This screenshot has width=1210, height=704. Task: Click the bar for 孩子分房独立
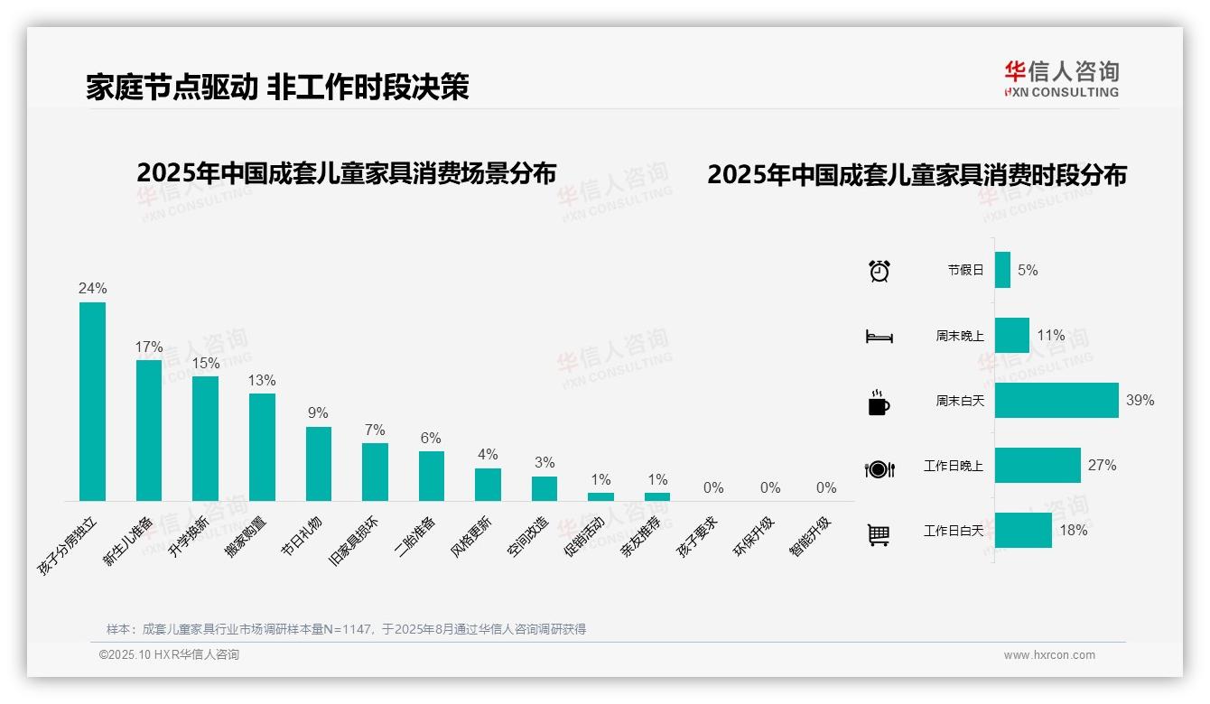pos(92,402)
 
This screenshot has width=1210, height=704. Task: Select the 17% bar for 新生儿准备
pos(149,431)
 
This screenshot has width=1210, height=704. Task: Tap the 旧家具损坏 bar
pos(375,471)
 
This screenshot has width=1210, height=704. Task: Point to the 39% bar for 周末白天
pos(1056,400)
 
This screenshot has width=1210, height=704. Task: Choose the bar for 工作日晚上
pos(1038,465)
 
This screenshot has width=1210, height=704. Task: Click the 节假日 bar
pos(1002,270)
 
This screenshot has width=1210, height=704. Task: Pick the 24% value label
pos(92,289)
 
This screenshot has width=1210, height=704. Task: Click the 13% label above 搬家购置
pos(262,381)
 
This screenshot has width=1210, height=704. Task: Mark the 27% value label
pos(1102,466)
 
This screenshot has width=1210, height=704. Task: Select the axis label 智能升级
pos(810,536)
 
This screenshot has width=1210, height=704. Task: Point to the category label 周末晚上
pos(959,336)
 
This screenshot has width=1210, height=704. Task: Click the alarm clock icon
pos(879,271)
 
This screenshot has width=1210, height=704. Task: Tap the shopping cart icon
pos(879,534)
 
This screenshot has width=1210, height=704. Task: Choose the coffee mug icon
pos(879,403)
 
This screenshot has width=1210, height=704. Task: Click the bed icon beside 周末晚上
pos(879,337)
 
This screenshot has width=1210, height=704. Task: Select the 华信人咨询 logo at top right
pos(1061,79)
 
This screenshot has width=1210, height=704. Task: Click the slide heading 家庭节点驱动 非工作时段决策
pos(277,87)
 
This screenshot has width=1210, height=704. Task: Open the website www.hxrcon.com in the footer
pos(1049,655)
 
